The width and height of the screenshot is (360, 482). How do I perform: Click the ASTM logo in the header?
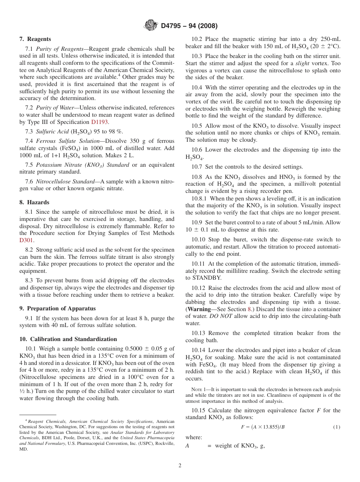[151, 26]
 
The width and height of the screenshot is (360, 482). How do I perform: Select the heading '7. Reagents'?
[35, 39]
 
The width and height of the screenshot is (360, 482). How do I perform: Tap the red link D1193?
[100, 122]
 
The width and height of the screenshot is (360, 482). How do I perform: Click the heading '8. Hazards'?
[34, 202]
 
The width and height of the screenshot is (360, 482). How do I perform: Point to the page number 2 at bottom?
[180, 466]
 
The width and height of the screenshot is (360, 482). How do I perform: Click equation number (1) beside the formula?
[337, 427]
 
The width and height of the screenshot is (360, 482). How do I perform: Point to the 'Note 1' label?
[198, 390]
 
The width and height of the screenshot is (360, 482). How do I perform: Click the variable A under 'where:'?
[187, 446]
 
